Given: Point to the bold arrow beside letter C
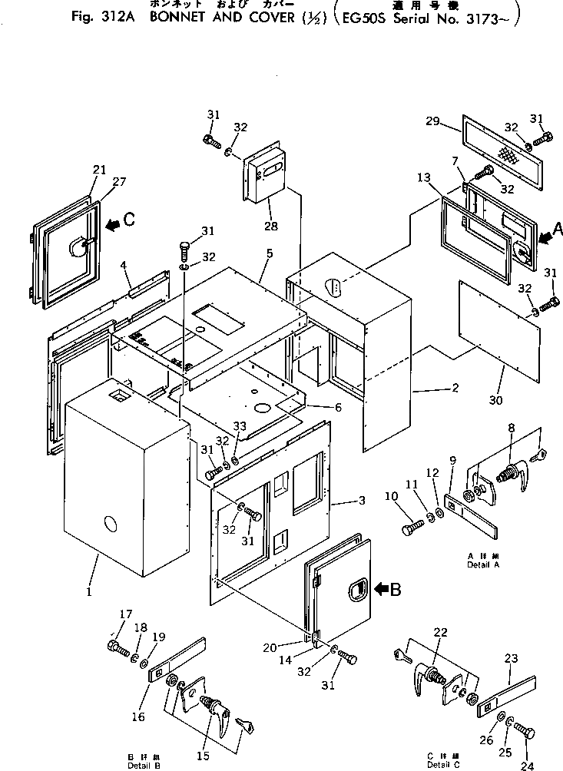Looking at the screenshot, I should click(113, 223).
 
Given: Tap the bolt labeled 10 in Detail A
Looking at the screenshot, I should click(411, 529).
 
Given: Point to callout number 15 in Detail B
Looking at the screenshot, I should click(202, 756).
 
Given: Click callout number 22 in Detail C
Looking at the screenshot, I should click(441, 632).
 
